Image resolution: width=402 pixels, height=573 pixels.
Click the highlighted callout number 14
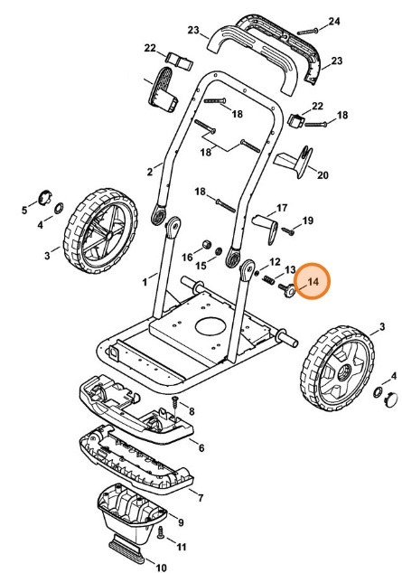pyautogui.click(x=313, y=282)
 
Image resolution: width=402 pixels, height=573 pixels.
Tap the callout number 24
pyautogui.click(x=333, y=22)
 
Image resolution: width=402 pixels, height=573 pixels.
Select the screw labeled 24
pyautogui.click(x=308, y=32)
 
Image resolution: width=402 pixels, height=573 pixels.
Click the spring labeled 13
pyautogui.click(x=268, y=280)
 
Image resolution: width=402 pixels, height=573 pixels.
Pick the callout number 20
pyautogui.click(x=323, y=175)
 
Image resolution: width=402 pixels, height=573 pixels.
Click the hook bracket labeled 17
pyautogui.click(x=267, y=227)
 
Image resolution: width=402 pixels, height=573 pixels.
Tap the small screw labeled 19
pyautogui.click(x=287, y=231)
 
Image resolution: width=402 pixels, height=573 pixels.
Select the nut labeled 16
pyautogui.click(x=207, y=244)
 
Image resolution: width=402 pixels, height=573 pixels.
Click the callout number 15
pyautogui.click(x=201, y=266)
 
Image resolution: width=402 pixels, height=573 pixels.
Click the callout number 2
pyautogui.click(x=150, y=172)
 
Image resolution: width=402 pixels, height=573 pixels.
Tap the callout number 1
pyautogui.click(x=145, y=282)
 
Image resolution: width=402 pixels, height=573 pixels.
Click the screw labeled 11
pyautogui.click(x=160, y=533)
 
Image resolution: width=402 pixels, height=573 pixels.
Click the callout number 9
pyautogui.click(x=181, y=523)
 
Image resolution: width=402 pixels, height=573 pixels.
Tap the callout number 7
pyautogui.click(x=201, y=498)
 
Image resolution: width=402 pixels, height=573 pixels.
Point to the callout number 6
pyautogui.click(x=201, y=448)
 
